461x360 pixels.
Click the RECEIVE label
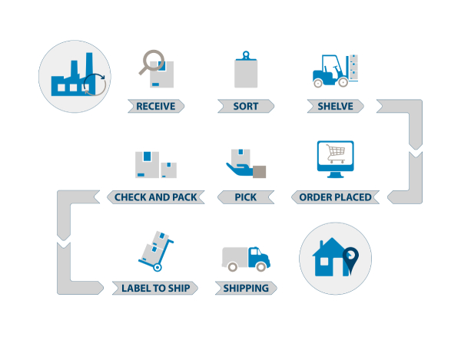pos(156,106)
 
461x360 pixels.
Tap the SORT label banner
pos(246,106)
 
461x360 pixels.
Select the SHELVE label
pos(335,106)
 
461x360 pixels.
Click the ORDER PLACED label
pos(335,197)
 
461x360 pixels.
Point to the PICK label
pos(246,197)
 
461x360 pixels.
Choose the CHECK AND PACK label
pos(156,197)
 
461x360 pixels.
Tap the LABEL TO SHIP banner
pos(156,289)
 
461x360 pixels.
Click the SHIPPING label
pos(246,289)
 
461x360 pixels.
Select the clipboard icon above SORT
pos(246,70)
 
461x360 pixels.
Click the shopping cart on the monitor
pos(335,153)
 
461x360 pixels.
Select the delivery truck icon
pos(246,258)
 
